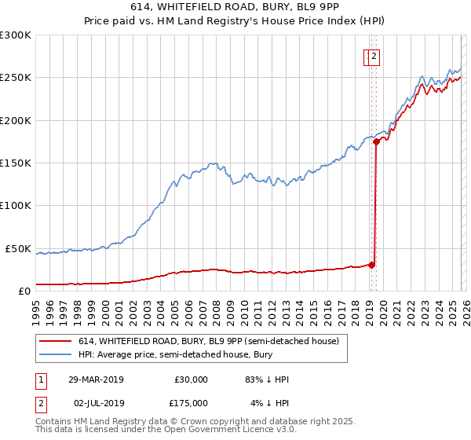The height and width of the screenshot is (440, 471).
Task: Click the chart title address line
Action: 235,7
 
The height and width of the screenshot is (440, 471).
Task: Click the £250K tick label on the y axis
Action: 16,78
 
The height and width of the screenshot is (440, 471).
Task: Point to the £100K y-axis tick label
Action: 16,206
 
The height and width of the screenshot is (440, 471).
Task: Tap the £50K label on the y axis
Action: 19,248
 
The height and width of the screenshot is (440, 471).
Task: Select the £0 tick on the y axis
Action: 24,291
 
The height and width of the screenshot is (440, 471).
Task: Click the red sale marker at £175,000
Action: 376,141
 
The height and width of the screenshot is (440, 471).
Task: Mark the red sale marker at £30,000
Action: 372,265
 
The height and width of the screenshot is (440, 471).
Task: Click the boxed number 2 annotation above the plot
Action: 374,56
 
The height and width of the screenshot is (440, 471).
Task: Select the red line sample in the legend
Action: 55,342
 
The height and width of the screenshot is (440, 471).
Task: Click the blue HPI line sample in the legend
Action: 55,355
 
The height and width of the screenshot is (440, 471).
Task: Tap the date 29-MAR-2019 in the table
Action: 95,379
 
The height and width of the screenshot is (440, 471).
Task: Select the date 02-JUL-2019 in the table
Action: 95,403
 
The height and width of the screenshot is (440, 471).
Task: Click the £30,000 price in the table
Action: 191,379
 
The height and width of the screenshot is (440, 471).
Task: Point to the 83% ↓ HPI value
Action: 267,379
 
